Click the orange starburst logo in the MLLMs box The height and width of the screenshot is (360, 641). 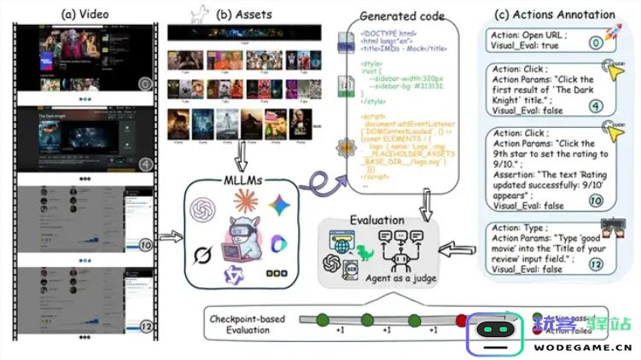point(245,204)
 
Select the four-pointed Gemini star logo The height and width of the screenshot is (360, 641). point(277,205)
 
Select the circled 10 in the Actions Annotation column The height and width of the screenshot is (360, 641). point(596,200)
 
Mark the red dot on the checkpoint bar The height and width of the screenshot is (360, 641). point(461,321)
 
